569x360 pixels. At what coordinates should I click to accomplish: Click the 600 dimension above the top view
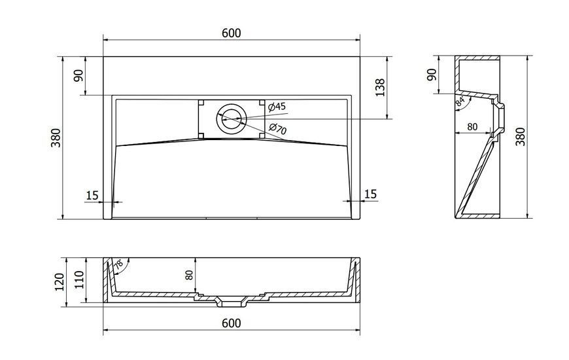point(231,33)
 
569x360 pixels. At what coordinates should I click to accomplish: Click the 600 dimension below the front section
point(231,323)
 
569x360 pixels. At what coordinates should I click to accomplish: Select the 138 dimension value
point(379,87)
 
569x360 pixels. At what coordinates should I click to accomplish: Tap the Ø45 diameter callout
point(277,107)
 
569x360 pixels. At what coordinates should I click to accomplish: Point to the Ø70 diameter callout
point(278,128)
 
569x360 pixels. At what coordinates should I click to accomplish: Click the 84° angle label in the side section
point(460,101)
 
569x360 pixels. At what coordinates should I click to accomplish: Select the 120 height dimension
point(59,281)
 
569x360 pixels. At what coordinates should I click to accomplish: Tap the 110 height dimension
point(80,279)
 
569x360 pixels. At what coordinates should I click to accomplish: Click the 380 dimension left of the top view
point(56,137)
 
